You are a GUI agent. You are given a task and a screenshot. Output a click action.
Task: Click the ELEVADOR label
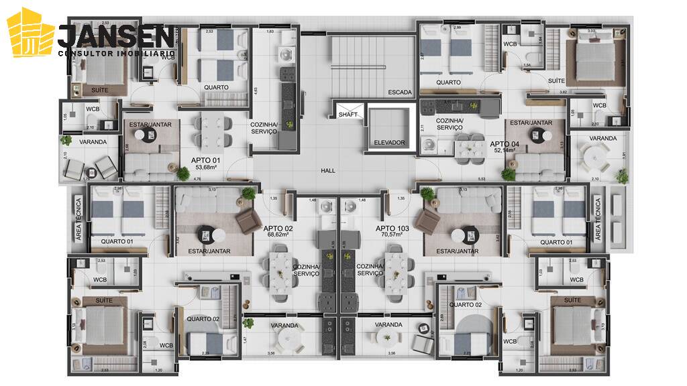tap(389, 143)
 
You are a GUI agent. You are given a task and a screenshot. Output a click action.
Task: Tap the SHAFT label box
tap(348, 114)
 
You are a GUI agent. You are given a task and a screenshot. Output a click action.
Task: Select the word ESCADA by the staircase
tap(399, 92)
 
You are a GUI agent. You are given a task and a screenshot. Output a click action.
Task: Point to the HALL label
tap(327, 171)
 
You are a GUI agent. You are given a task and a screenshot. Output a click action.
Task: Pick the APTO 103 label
tap(390, 228)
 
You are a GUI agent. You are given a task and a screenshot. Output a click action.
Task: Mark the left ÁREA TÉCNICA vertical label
tap(78, 218)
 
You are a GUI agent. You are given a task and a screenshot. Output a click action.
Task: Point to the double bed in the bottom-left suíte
tap(101, 328)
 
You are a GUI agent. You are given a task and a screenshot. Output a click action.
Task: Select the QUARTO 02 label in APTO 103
tap(466, 304)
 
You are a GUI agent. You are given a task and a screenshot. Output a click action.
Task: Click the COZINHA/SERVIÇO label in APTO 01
tap(264, 128)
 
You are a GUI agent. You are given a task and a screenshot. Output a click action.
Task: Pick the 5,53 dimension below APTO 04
tap(482, 179)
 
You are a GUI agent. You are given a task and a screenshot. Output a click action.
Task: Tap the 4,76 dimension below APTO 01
tap(178, 179)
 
